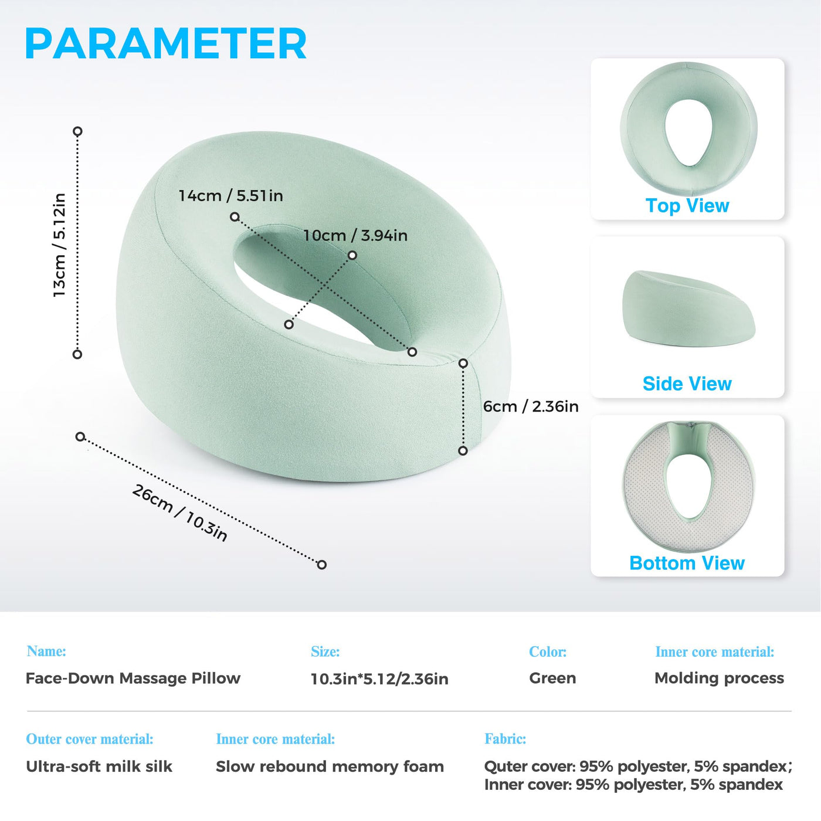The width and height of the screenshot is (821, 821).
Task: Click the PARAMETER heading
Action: tap(166, 43)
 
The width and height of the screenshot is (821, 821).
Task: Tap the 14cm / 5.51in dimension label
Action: tap(230, 195)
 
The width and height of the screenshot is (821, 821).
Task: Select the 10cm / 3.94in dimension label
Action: tap(355, 235)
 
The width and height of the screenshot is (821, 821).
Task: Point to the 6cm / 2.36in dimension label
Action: tap(531, 406)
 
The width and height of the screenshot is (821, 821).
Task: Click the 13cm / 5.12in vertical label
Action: tap(60, 245)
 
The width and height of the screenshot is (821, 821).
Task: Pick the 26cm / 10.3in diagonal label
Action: tap(179, 513)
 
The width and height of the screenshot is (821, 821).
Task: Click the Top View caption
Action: tap(687, 206)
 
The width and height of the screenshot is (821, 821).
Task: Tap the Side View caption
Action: tap(687, 384)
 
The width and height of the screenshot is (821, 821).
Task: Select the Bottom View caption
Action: tap(687, 563)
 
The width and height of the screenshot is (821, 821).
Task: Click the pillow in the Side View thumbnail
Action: tap(688, 309)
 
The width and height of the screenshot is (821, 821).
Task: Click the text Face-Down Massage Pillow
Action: tap(133, 678)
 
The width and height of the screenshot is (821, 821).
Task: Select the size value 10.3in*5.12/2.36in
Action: tap(379, 679)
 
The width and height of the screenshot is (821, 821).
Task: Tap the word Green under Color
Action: tap(552, 678)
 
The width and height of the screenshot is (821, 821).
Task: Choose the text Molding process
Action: tap(719, 678)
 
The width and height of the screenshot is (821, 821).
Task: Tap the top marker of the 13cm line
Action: tap(77, 131)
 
